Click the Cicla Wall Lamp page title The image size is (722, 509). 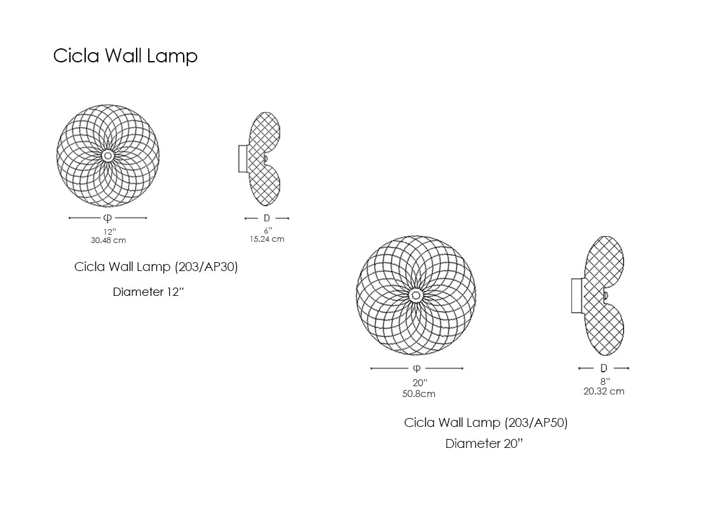point(125,56)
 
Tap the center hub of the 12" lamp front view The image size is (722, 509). point(108,155)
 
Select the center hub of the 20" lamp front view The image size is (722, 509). point(416,295)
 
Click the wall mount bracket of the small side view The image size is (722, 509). point(243,158)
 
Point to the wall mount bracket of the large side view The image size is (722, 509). point(577,296)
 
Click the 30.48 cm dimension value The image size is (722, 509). point(108,241)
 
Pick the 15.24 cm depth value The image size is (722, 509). point(267,239)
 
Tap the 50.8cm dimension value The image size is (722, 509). point(419,394)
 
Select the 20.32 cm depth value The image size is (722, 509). point(604,391)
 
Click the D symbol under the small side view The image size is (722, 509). point(267,218)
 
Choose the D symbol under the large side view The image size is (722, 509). point(603,368)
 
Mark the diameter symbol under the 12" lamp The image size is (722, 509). point(108,218)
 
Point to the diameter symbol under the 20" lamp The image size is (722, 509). point(417,368)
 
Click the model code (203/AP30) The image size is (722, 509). point(206,267)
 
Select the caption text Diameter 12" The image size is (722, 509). point(148,292)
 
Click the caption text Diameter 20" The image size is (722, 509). point(484,444)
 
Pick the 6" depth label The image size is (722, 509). point(268,230)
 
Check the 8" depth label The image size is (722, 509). point(604,381)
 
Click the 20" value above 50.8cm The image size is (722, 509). point(419,383)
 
